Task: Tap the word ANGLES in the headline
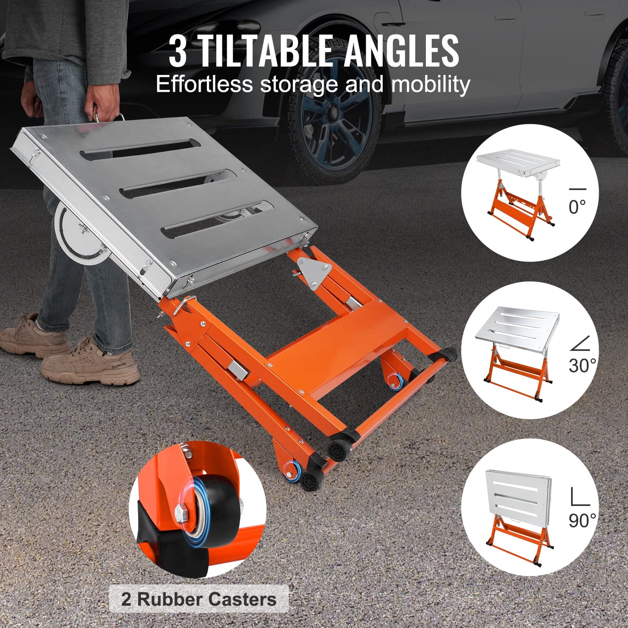pyautogui.click(x=402, y=51)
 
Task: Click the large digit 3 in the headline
pyautogui.click(x=178, y=52)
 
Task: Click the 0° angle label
pyautogui.click(x=577, y=207)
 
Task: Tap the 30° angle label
pyautogui.click(x=582, y=365)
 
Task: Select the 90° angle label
pyautogui.click(x=582, y=520)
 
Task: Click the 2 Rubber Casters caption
pyautogui.click(x=199, y=599)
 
